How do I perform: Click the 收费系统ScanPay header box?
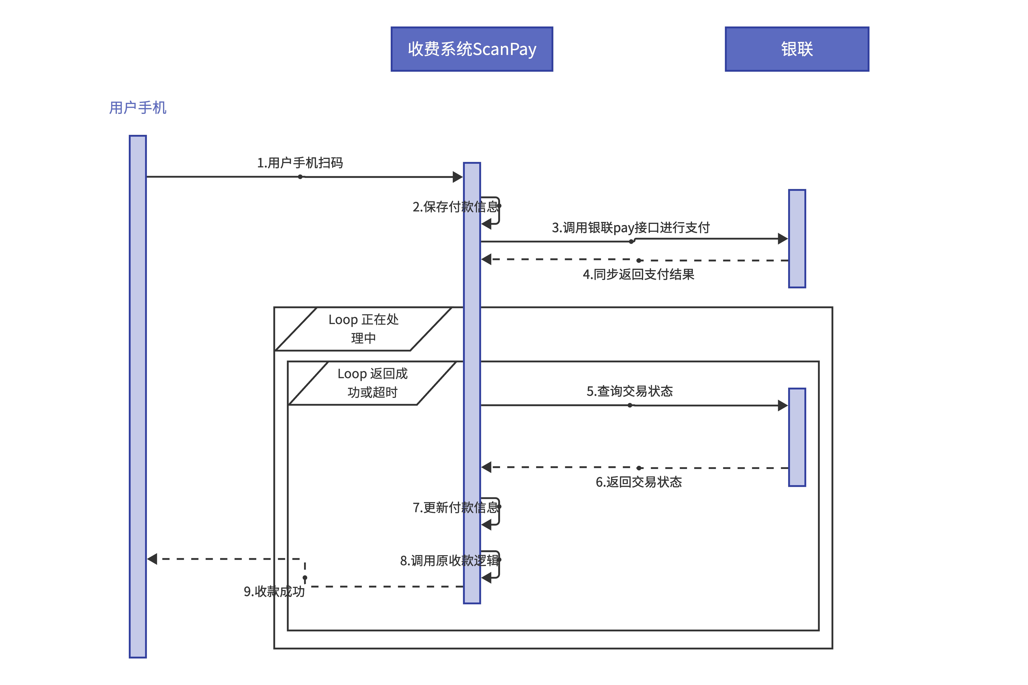pos(472,49)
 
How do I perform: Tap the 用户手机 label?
pos(138,107)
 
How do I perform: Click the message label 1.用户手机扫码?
pos(300,163)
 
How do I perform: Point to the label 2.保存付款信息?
pos(455,207)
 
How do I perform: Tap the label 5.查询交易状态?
pos(629,391)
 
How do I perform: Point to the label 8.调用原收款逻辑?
pos(449,560)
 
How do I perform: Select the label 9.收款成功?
pos(274,591)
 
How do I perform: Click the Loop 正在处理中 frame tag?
pos(363,328)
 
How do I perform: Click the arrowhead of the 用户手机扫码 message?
pos(458,177)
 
